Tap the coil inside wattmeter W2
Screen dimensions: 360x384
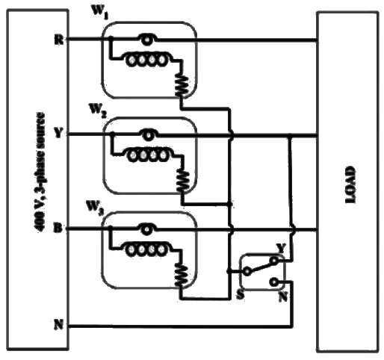pyautogui.click(x=147, y=155)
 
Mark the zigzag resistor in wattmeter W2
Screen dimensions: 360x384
pyautogui.click(x=182, y=179)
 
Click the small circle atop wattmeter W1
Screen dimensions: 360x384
pyautogui.click(x=148, y=39)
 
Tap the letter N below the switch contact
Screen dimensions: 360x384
pyautogui.click(x=281, y=297)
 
